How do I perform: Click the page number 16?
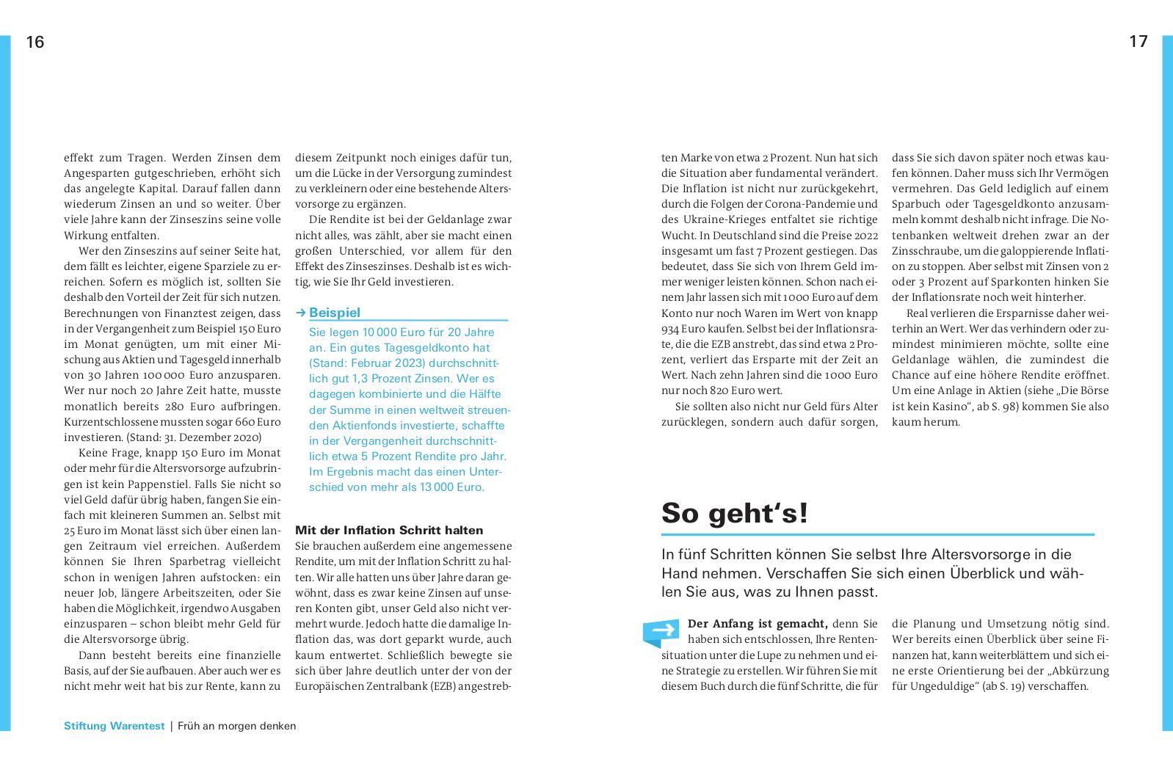35,43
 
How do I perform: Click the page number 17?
1138,42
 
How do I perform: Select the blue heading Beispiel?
335,313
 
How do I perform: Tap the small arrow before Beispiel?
300,313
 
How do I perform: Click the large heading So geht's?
734,512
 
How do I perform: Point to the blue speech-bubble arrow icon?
661,632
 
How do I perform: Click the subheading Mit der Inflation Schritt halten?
389,530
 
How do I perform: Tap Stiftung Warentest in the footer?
114,726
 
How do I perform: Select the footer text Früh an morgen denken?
236,726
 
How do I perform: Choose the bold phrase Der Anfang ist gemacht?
758,624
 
